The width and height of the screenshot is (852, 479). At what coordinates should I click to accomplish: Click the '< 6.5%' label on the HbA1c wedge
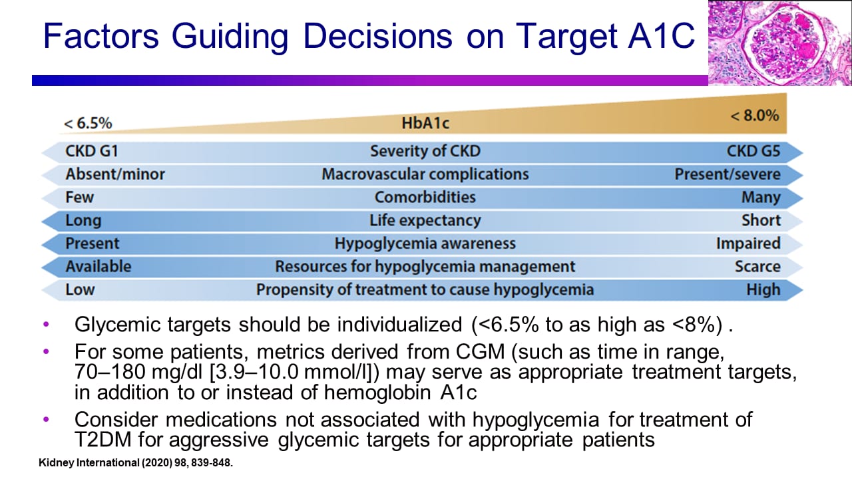tap(88, 124)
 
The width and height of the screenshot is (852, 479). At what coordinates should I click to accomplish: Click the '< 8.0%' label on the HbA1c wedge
tap(754, 116)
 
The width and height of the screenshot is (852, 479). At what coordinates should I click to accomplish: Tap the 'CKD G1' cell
tap(92, 151)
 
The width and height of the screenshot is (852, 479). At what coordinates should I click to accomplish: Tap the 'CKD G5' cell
tap(753, 151)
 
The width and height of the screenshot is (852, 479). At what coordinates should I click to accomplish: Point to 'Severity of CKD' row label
tap(425, 151)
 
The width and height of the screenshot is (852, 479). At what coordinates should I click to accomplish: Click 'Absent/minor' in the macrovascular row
tap(115, 174)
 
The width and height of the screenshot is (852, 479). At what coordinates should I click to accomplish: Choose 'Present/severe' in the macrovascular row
tap(728, 174)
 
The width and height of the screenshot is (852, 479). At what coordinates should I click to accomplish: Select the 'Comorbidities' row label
tap(425, 197)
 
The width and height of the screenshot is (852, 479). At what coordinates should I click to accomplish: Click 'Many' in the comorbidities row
tap(761, 198)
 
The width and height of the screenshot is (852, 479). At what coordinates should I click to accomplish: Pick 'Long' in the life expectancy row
tap(83, 220)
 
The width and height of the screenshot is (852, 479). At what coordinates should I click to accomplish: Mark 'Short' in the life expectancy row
tap(761, 220)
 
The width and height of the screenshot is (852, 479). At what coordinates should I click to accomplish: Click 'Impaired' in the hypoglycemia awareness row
tap(748, 243)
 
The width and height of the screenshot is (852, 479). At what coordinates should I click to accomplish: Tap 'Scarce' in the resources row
tap(757, 267)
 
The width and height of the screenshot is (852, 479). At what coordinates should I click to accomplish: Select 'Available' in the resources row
tap(99, 267)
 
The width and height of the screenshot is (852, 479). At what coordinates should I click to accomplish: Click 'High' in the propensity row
tap(763, 290)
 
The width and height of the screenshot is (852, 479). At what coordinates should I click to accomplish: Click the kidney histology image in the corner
tap(779, 43)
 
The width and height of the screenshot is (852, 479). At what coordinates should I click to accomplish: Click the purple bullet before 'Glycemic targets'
tap(46, 325)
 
